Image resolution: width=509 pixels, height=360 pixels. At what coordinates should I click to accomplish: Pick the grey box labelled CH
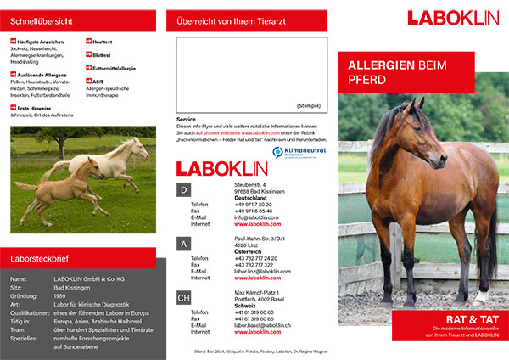(183, 298)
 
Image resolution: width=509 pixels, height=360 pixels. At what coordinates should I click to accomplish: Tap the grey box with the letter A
(183, 244)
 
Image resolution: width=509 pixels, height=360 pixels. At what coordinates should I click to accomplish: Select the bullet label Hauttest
(105, 40)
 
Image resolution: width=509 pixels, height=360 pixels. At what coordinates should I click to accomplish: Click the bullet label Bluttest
(105, 54)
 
